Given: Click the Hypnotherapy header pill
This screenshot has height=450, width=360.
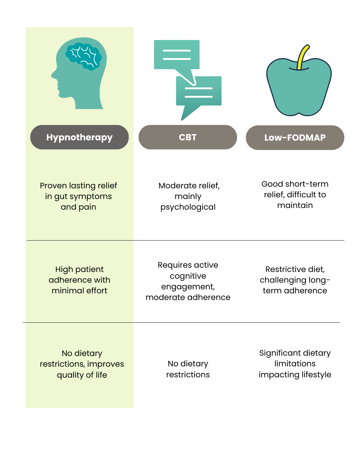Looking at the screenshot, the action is click(79, 137).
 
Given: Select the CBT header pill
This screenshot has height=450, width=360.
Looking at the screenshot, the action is click(188, 137).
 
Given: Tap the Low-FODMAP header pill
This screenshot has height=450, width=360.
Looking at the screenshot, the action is click(295, 138).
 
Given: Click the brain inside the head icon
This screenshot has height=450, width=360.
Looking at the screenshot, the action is click(83, 56).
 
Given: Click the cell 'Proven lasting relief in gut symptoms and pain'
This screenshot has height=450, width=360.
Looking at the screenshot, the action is click(78, 196).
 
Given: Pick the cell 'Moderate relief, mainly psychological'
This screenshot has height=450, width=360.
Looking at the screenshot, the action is click(188, 196).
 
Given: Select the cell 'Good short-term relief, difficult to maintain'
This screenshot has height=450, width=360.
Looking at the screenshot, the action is click(295, 194).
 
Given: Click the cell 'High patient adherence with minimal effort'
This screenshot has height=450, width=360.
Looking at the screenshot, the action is click(79, 280).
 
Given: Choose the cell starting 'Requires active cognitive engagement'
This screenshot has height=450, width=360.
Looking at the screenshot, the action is click(188, 281).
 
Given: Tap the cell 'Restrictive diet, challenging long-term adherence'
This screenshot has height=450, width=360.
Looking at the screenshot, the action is click(295, 280).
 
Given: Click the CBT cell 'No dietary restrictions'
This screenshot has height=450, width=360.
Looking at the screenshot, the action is click(188, 369).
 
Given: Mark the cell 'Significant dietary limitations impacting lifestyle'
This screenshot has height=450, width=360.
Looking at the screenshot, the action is click(295, 364).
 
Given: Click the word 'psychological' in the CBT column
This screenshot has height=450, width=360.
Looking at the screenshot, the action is click(188, 207).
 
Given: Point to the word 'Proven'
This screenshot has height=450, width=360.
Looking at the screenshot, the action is click(53, 185).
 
